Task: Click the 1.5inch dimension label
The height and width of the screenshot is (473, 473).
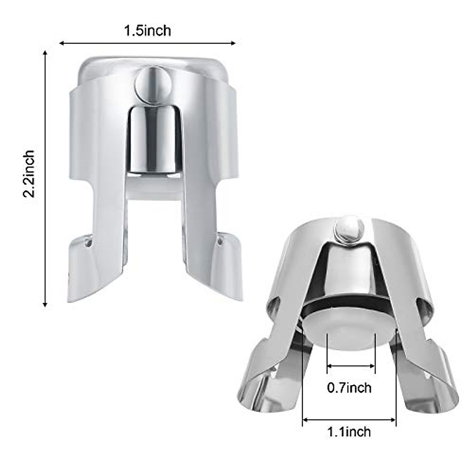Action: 148,30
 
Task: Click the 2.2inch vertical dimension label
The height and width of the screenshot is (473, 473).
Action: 29,173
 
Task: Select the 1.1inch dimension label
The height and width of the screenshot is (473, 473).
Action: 349,432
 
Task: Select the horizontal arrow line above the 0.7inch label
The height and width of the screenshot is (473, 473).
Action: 351,366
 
